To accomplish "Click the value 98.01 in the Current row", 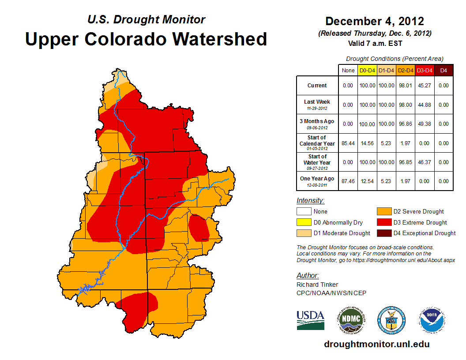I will pos(406,86).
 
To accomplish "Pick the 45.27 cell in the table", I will pos(425,86).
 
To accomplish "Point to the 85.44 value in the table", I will pos(348,143).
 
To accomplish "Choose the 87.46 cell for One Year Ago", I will pos(348,181).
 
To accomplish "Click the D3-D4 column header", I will pos(425,71).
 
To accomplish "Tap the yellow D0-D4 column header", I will pos(367,71).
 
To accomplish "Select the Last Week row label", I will pos(317,104).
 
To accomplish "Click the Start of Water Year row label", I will pos(317,161).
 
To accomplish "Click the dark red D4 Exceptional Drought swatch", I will pos(383,233).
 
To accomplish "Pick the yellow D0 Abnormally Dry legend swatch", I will pos(304,222).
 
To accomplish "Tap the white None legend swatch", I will pos(304,212).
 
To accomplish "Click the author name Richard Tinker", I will pos(317,285).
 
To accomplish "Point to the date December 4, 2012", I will pos(375,21).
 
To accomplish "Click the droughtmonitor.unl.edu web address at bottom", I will pos(376,344).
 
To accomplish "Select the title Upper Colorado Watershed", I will pos(146,39).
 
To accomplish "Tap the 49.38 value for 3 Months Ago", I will pos(425,124).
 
